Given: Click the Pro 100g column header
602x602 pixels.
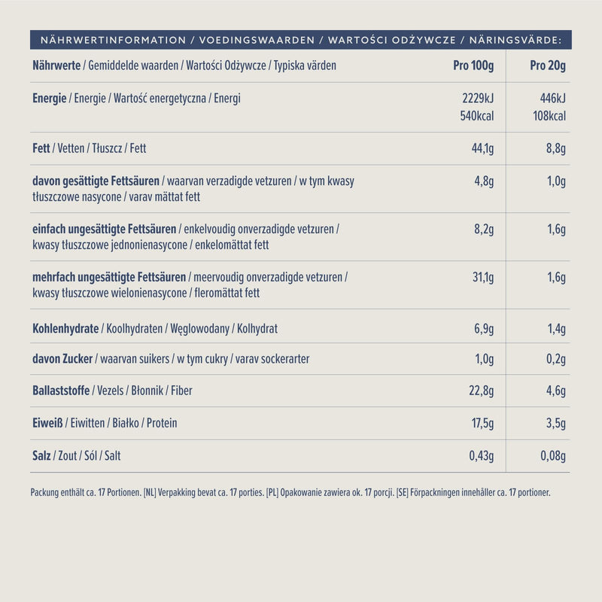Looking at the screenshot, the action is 473,65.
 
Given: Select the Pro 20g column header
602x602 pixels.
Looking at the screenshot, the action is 548,65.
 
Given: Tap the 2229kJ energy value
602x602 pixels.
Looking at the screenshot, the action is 478,99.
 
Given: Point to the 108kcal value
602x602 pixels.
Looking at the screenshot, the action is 549,116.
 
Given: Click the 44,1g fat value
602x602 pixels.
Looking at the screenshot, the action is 482,148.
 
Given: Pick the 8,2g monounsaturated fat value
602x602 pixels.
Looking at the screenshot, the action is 484,229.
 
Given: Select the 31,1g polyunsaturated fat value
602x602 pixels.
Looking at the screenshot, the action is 483,277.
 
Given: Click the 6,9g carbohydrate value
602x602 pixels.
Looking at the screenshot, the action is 484,329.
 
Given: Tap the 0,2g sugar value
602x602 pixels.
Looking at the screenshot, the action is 556,359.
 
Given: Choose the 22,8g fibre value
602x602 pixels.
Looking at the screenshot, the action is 482,391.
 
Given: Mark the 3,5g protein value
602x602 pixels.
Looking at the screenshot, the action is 556,423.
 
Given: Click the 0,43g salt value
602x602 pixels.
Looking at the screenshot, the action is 482,456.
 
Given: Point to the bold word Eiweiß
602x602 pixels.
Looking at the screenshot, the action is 47,423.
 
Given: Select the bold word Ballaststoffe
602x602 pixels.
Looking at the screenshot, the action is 61,391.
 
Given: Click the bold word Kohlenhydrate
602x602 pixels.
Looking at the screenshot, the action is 65,329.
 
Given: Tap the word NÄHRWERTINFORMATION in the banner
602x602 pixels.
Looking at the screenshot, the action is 114,40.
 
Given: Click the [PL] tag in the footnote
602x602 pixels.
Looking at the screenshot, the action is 272,493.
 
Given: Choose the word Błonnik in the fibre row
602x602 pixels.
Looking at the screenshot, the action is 147,391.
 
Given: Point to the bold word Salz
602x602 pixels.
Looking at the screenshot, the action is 41,456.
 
